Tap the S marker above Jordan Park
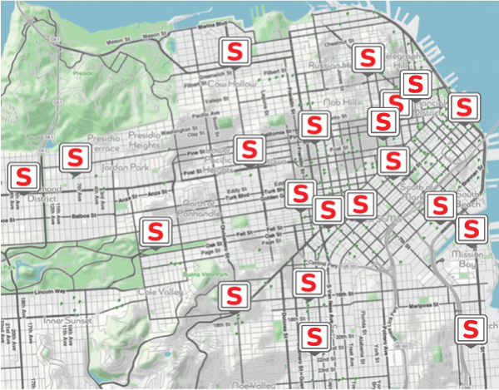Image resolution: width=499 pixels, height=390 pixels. coord(77,157)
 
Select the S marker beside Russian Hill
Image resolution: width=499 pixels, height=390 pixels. coord(366,58)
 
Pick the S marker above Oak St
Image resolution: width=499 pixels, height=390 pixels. coord(155,230)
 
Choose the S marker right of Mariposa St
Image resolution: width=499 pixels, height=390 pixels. coord(472,327)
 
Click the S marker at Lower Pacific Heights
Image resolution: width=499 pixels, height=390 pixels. coord(247,150)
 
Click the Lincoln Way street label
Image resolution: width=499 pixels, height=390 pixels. coord(52,293)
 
